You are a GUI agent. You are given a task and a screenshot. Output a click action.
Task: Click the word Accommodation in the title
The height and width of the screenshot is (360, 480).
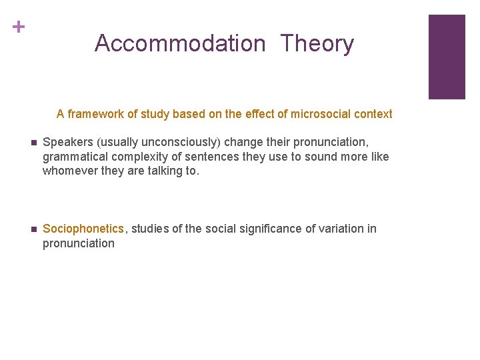[180, 44]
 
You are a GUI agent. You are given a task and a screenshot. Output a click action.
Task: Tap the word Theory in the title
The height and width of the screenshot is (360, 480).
[317, 44]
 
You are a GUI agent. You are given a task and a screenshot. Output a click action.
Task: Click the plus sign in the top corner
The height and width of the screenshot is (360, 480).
[19, 27]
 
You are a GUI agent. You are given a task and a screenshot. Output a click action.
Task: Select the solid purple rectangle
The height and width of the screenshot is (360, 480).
[446, 57]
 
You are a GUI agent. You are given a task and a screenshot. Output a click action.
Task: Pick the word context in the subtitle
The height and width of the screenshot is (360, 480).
[374, 114]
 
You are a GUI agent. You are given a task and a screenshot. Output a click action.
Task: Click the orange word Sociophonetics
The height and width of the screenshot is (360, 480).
[83, 229]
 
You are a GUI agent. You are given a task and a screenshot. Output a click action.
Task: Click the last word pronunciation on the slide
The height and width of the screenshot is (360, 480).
[79, 243]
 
